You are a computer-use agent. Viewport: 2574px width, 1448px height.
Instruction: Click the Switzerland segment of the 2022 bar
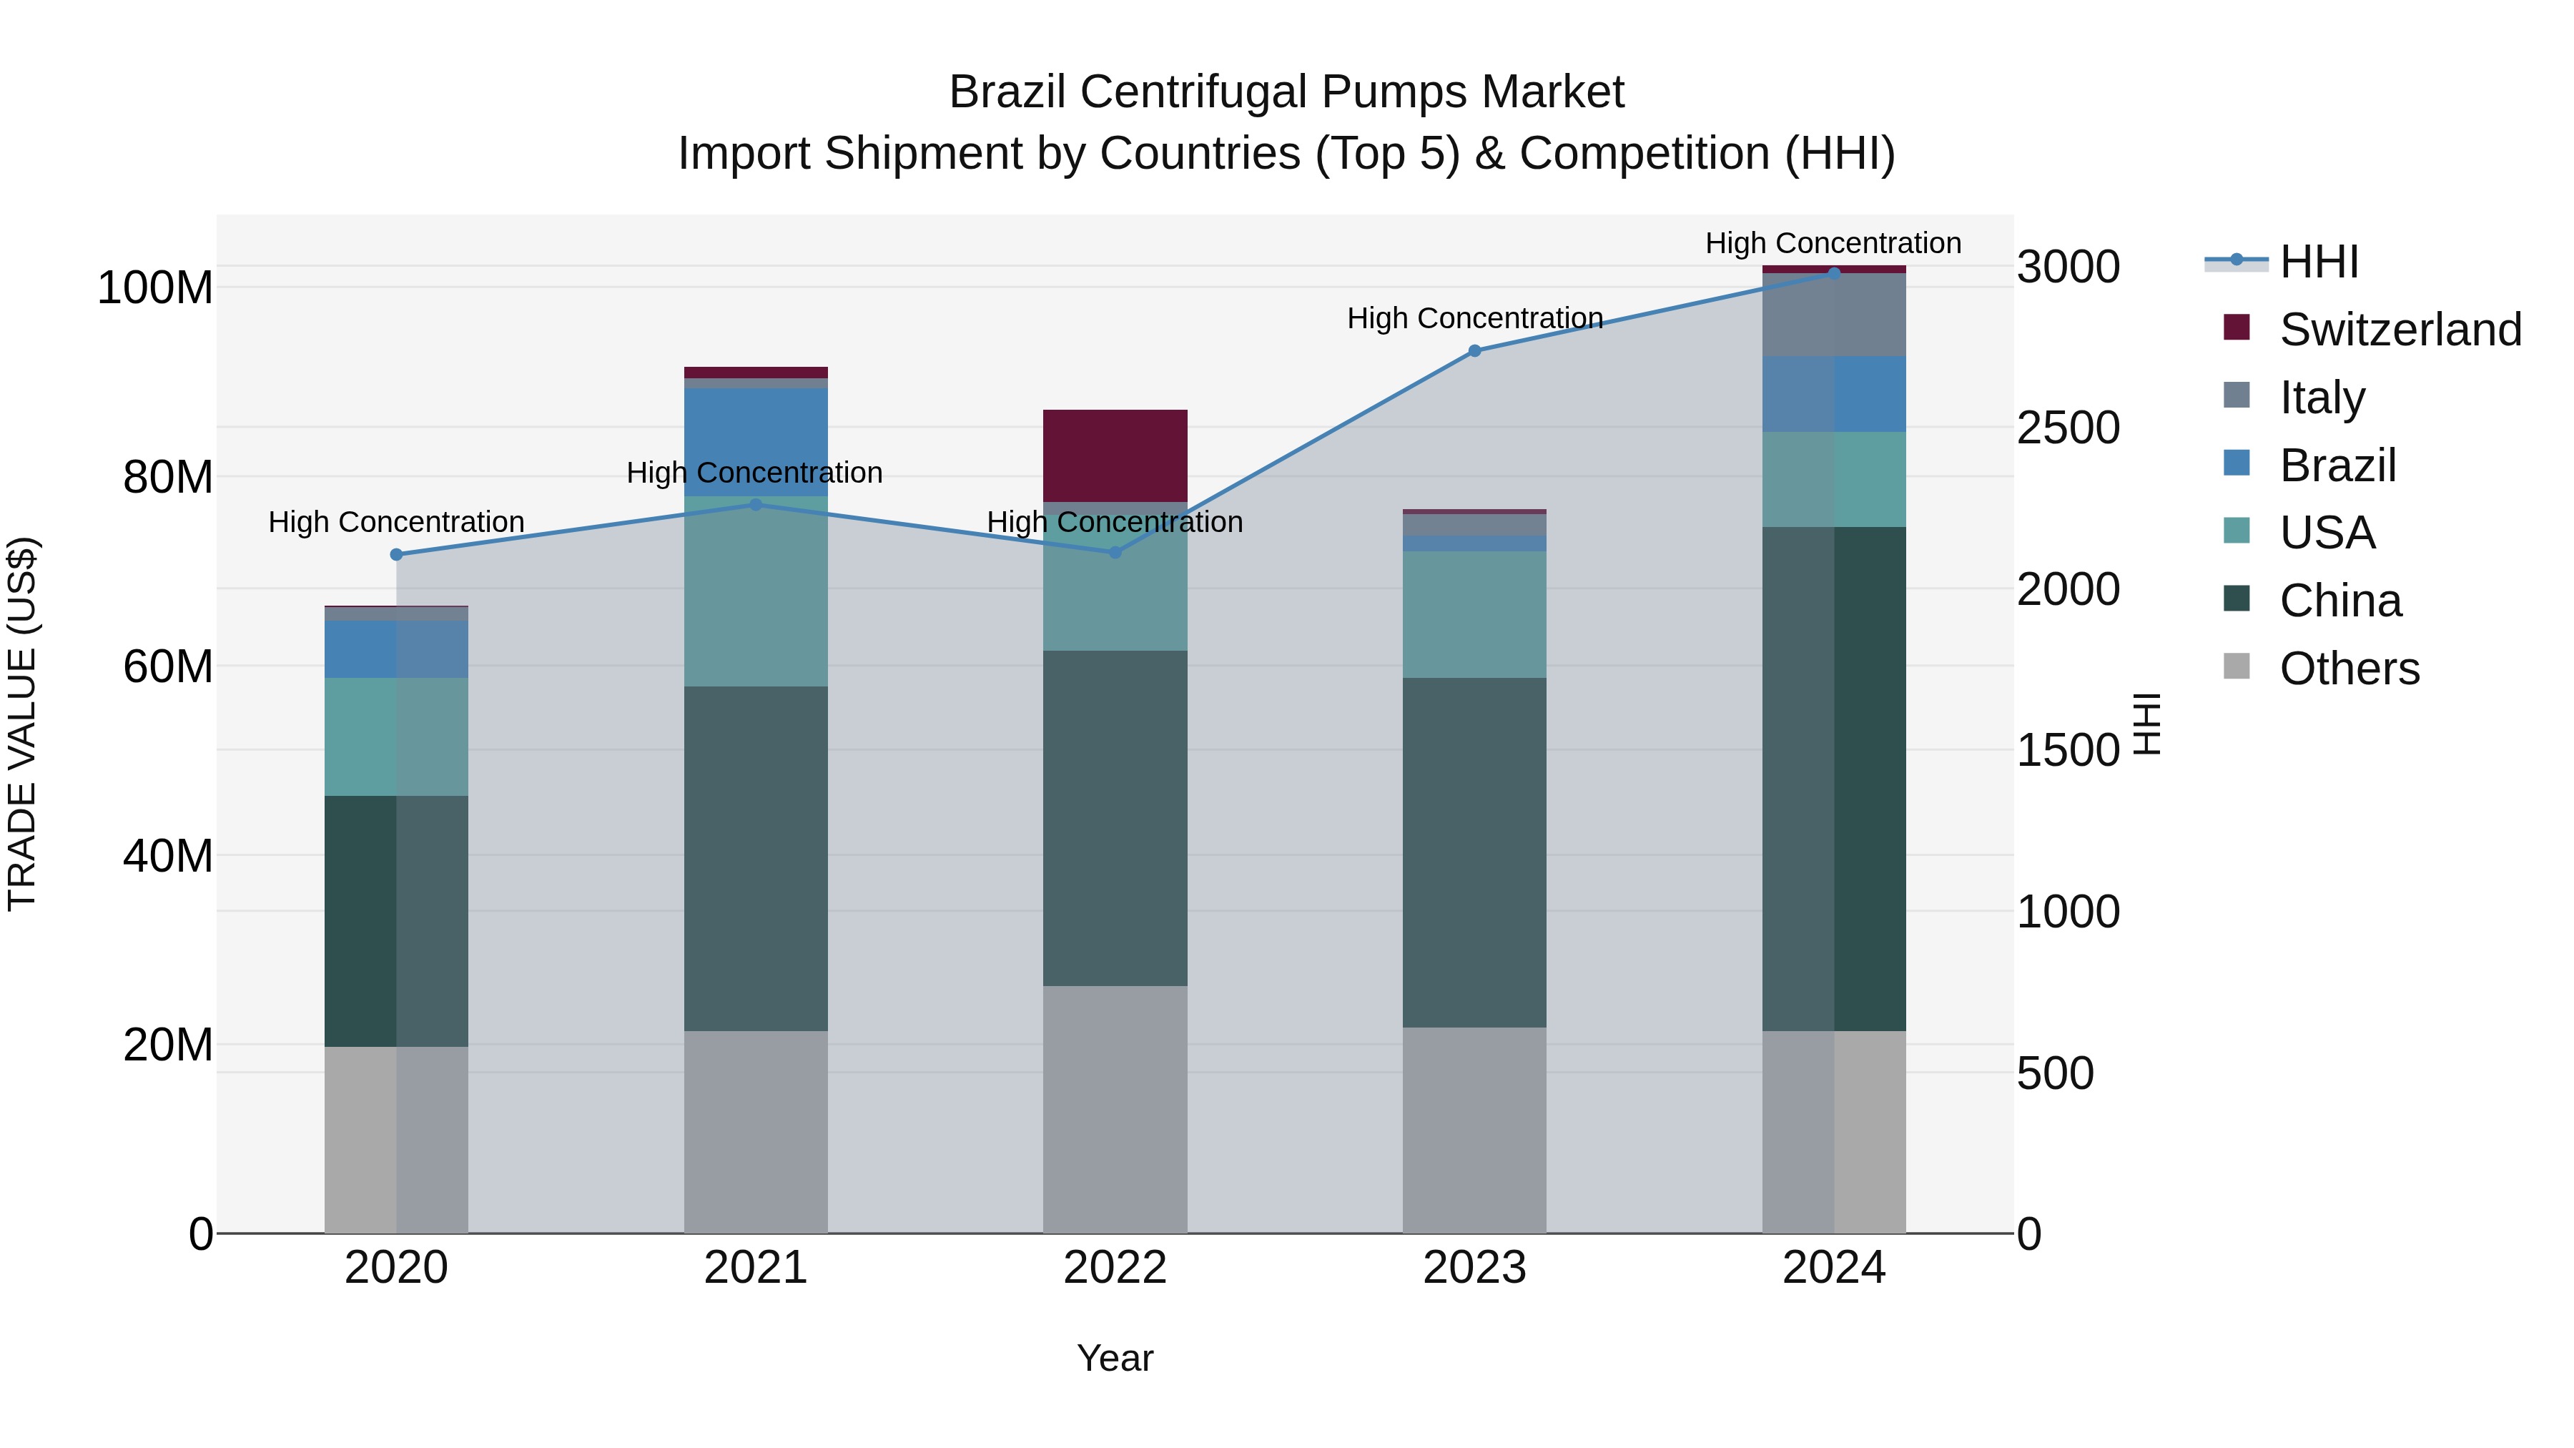pos(1115,455)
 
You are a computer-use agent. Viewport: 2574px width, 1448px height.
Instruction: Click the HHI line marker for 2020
pos(397,555)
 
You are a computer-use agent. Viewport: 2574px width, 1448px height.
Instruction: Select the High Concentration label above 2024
pos(1833,243)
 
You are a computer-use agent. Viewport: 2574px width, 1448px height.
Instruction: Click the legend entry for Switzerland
pos(2400,330)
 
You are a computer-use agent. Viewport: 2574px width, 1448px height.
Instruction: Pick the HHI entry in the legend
pos(2318,262)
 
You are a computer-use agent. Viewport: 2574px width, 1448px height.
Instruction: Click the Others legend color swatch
pos(2237,666)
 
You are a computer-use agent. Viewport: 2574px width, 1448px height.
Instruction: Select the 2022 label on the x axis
pos(1115,1268)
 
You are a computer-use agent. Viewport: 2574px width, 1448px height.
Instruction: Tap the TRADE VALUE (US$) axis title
pos(22,724)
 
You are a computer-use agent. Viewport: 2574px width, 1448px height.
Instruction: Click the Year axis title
pos(1115,1358)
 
